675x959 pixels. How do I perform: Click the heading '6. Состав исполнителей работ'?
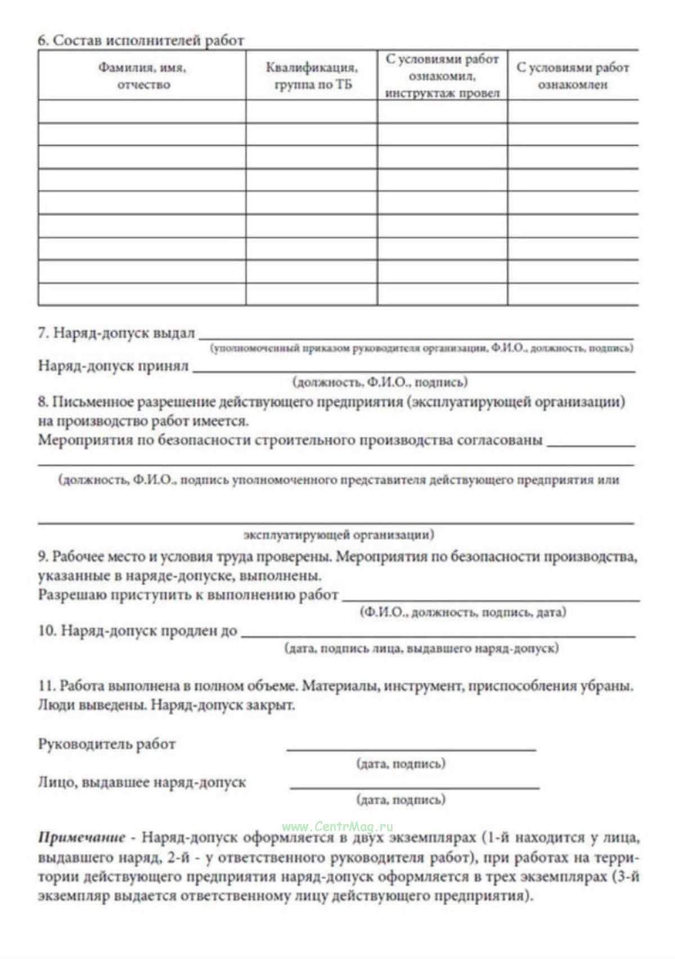click(141, 41)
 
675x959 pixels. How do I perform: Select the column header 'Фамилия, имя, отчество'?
click(143, 76)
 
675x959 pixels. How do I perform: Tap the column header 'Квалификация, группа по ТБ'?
click(311, 76)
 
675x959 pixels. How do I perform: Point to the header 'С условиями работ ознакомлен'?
click(573, 76)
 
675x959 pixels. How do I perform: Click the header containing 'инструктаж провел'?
click(442, 76)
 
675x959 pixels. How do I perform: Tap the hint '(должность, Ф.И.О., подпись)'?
click(380, 383)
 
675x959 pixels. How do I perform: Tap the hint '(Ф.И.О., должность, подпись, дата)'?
click(462, 612)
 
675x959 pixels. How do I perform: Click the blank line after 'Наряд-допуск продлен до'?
click(438, 635)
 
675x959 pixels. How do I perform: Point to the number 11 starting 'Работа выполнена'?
click(45, 686)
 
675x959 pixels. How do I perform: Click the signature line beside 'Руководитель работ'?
click(411, 749)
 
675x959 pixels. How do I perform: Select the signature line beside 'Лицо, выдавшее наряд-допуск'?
click(415, 787)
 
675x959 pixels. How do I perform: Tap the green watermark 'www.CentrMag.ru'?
click(337, 826)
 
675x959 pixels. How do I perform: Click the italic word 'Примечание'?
click(81, 838)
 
